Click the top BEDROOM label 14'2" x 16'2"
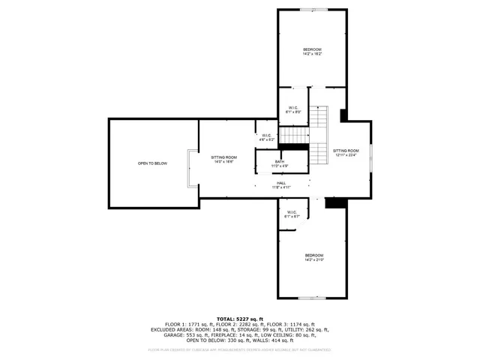click(x=312, y=52)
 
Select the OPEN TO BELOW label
click(x=152, y=163)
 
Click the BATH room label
click(x=279, y=163)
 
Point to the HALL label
click(x=280, y=184)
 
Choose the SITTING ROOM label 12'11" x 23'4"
click(x=346, y=153)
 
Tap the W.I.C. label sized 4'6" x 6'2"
click(x=267, y=137)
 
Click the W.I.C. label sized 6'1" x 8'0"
click(x=293, y=109)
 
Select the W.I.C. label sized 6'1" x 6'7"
click(x=292, y=214)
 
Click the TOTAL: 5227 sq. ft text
click(x=240, y=319)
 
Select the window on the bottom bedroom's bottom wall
click(x=313, y=298)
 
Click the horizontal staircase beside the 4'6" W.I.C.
click(x=294, y=135)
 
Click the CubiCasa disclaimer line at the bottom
click(x=240, y=349)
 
